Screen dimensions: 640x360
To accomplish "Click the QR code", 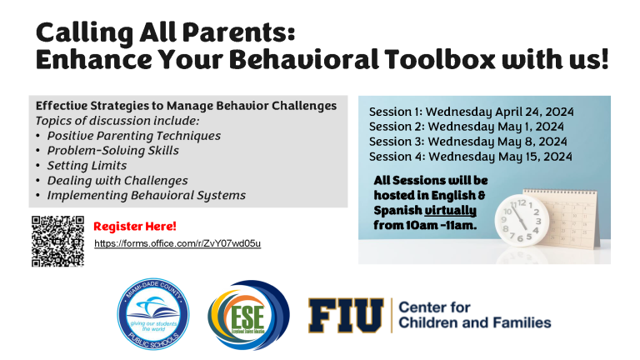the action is point(58,241).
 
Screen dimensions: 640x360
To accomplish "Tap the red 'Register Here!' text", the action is point(135,226).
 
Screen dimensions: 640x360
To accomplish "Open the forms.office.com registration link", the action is point(177,243).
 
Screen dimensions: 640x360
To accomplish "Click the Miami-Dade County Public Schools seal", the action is point(153,314).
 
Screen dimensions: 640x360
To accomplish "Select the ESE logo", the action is point(248,315).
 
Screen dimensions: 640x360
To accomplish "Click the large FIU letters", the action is point(346,315).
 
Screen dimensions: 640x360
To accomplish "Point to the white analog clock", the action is point(522,220).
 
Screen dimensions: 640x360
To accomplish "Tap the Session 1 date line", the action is point(472,112).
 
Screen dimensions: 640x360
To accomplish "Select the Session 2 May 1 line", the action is point(467,127).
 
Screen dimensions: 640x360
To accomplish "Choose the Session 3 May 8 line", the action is point(468,142).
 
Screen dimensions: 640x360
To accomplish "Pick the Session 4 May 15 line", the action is point(471,157).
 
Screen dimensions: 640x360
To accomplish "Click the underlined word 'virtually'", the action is point(451,210).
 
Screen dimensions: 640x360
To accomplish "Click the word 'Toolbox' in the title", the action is point(440,59).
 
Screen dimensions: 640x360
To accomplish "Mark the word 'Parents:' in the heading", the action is point(238,32).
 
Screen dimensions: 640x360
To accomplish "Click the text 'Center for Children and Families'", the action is point(475,315).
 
